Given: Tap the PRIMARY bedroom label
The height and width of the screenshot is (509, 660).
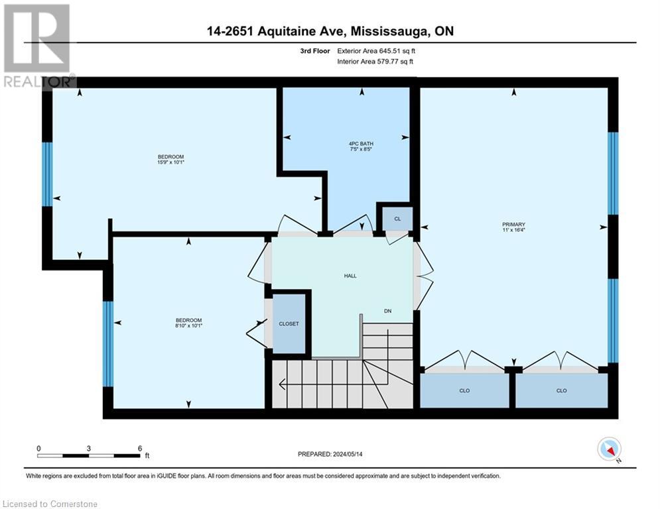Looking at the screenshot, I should pyautogui.click(x=513, y=225).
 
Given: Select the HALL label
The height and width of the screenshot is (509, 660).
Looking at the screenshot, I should pyautogui.click(x=350, y=276).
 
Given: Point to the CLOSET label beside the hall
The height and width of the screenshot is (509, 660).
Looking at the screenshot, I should pyautogui.click(x=289, y=324).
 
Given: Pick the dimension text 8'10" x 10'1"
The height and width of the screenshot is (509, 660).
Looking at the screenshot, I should pyautogui.click(x=189, y=325).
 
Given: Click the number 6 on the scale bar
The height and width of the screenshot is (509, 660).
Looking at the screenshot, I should pyautogui.click(x=139, y=448).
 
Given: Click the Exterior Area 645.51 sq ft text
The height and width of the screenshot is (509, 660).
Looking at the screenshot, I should pyautogui.click(x=377, y=50).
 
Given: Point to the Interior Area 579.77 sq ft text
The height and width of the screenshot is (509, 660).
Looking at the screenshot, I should pyautogui.click(x=375, y=62).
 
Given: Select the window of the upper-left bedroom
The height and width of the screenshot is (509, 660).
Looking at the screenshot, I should pyautogui.click(x=46, y=174).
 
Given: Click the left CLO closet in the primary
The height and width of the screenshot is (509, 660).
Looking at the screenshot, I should pyautogui.click(x=464, y=390).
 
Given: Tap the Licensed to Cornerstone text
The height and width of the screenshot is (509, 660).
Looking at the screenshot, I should pyautogui.click(x=50, y=504).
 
